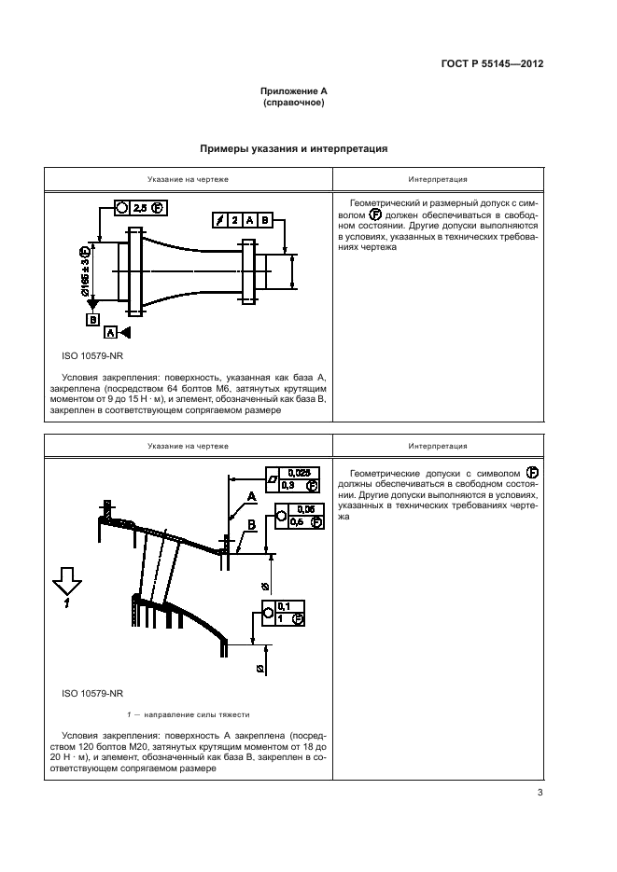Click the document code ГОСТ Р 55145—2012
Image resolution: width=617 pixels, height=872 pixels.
pos(491,65)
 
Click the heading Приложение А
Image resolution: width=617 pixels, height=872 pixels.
pos(293,92)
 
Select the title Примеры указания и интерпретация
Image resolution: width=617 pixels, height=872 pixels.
pos(293,148)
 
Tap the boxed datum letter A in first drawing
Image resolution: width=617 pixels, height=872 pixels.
pos(111,332)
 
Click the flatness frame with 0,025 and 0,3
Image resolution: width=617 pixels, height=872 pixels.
pos(293,479)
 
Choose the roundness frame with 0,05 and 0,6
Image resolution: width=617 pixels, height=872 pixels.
pos(298,516)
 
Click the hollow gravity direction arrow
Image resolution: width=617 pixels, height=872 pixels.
pos(68,585)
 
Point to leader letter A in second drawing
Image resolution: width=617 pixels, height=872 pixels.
pos(251,496)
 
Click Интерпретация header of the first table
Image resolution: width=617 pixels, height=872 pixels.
pos(438,179)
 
